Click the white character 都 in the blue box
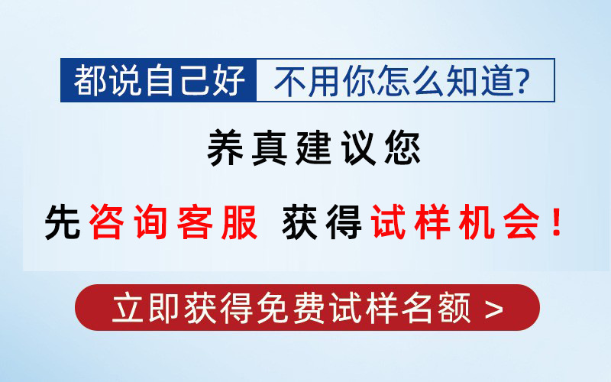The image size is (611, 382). (x=90, y=81)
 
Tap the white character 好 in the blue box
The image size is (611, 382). (x=229, y=81)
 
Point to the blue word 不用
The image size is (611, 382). (x=306, y=81)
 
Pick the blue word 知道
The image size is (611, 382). (x=480, y=81)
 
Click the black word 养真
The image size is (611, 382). (x=247, y=148)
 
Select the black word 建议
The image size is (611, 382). (x=336, y=148)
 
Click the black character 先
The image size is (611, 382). (x=63, y=222)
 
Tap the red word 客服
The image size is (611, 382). (x=218, y=222)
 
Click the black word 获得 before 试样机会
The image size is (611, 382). (x=322, y=222)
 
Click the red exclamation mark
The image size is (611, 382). (x=557, y=222)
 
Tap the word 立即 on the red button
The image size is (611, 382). (x=146, y=308)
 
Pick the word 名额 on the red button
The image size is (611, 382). (x=435, y=308)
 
